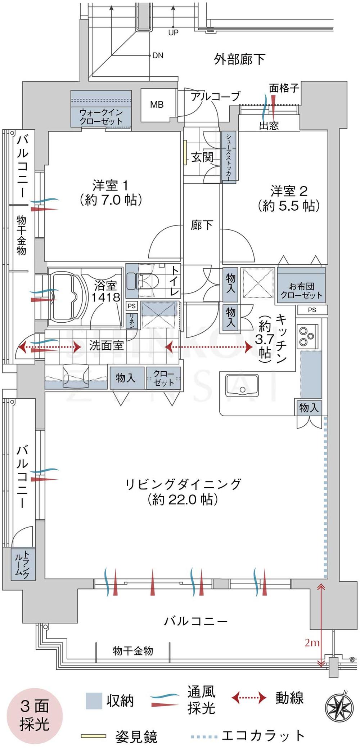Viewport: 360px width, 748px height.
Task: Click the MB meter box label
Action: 157,105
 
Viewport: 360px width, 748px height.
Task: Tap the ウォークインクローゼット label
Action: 101,117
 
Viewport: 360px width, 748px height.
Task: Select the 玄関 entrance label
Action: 202,157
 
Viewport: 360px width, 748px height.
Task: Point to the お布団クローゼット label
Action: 301,291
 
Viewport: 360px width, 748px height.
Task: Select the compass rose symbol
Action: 339,707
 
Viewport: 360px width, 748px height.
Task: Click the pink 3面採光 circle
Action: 35,716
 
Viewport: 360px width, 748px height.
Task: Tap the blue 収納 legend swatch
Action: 94,701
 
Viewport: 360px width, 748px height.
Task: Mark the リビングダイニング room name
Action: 183,484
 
